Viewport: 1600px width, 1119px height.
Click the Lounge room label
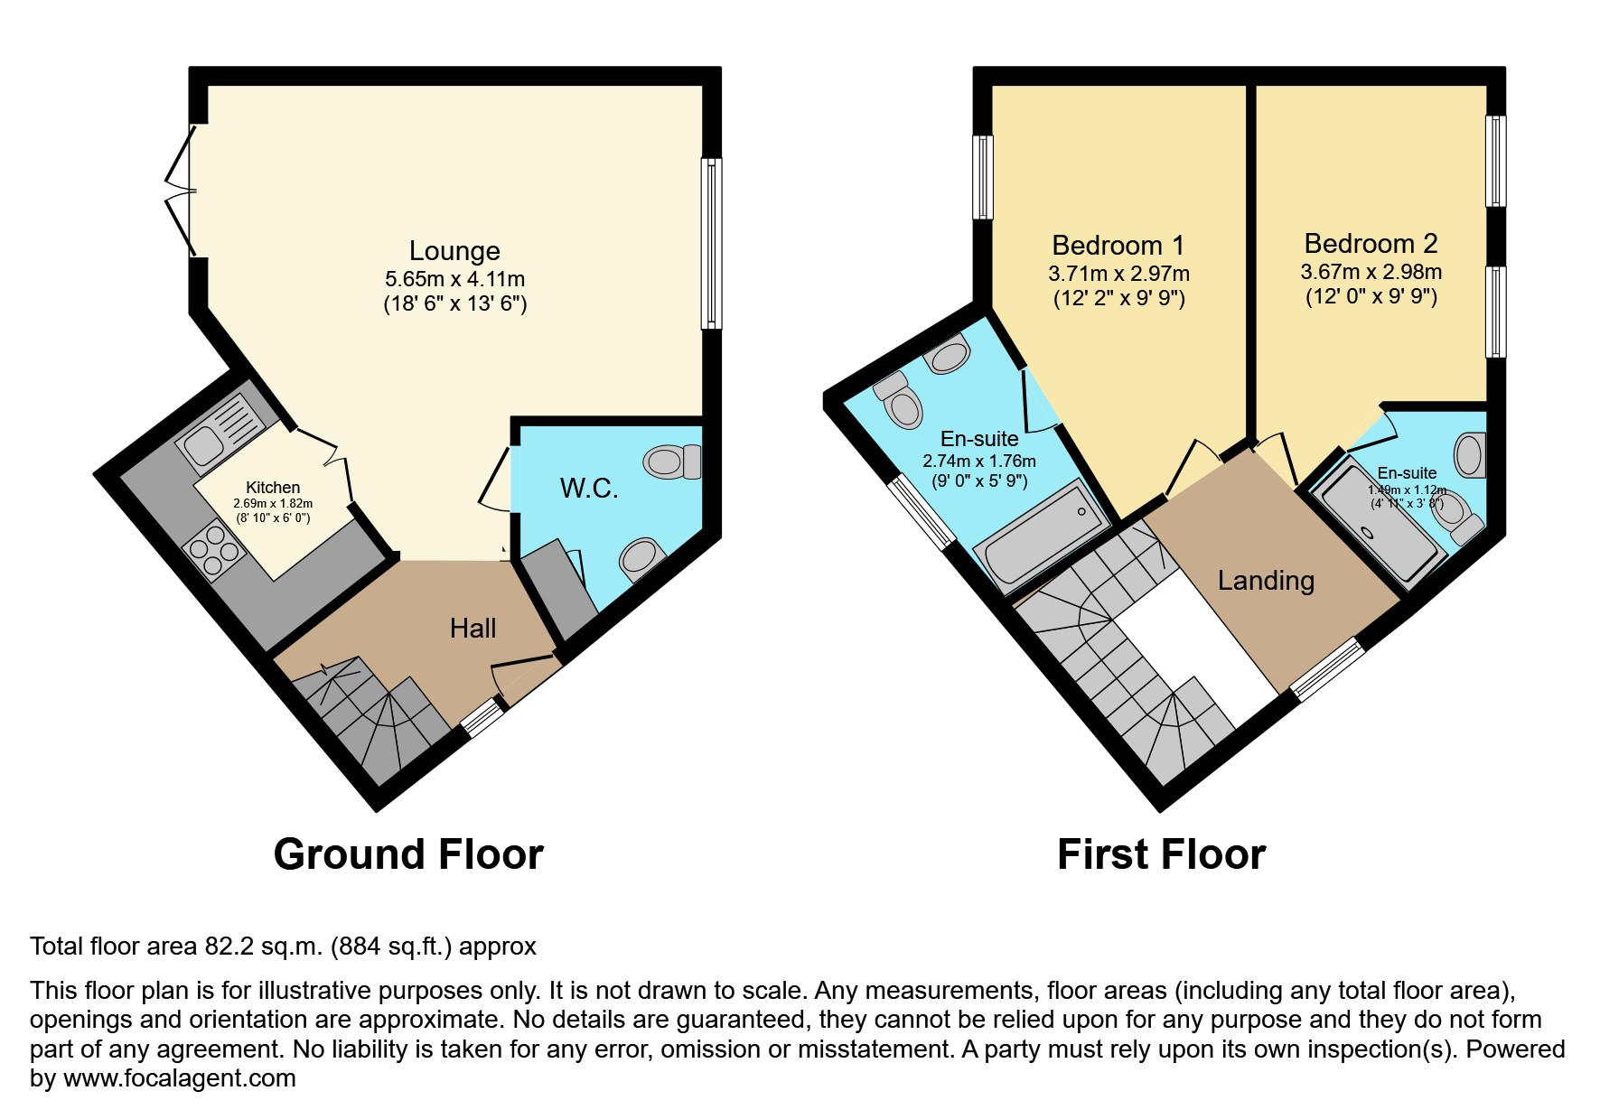pyautogui.click(x=454, y=251)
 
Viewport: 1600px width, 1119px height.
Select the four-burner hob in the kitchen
pyautogui.click(x=212, y=549)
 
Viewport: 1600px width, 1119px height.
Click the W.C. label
pyautogui.click(x=589, y=489)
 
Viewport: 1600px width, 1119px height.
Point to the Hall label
pyautogui.click(x=473, y=628)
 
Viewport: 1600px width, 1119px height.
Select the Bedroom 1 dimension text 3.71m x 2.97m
pyautogui.click(x=1118, y=274)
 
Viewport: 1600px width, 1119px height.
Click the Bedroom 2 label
pyautogui.click(x=1370, y=244)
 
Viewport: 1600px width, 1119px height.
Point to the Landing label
pyautogui.click(x=1265, y=581)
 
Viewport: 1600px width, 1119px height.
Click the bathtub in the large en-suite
pyautogui.click(x=1041, y=534)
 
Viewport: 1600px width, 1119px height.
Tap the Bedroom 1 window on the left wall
pyautogui.click(x=982, y=177)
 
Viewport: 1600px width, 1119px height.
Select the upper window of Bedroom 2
pyautogui.click(x=1496, y=161)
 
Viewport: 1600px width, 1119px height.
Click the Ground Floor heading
pyautogui.click(x=408, y=854)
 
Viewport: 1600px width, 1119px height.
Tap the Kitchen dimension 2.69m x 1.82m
pyautogui.click(x=273, y=504)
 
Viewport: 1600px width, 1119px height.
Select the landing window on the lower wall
pyautogui.click(x=1327, y=668)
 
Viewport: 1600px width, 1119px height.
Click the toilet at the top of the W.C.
pyautogui.click(x=673, y=462)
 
